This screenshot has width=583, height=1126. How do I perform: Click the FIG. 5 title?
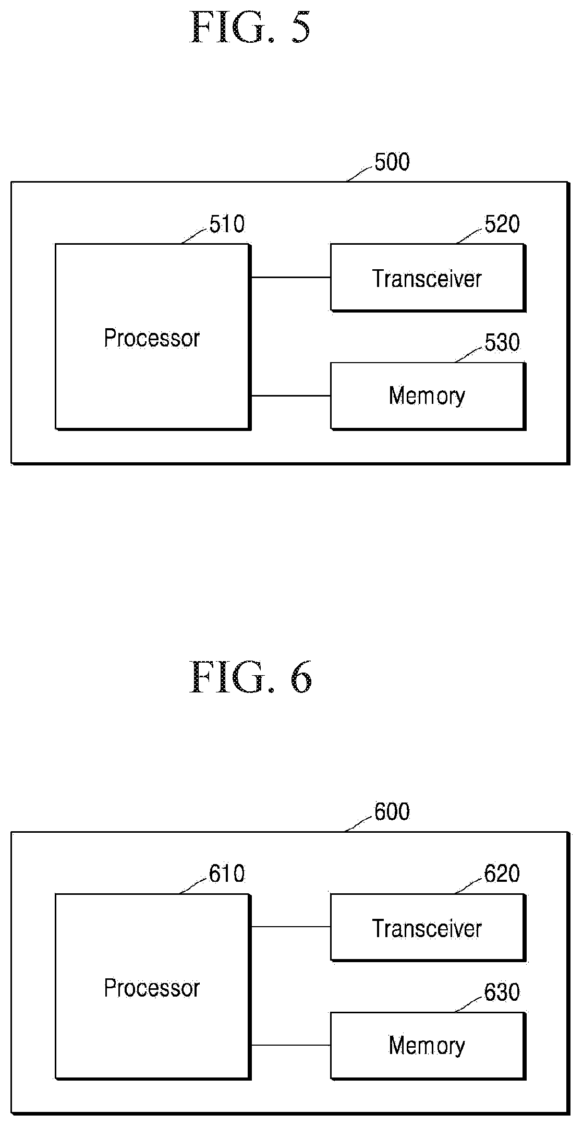(250, 27)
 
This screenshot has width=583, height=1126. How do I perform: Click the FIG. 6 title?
(250, 677)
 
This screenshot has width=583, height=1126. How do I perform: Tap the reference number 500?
(392, 162)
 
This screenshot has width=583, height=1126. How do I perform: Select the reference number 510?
(227, 224)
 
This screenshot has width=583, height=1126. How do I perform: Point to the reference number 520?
(502, 224)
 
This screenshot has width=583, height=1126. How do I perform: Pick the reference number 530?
(502, 343)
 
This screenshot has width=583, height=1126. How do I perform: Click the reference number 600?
(392, 812)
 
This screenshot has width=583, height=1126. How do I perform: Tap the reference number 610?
(227, 874)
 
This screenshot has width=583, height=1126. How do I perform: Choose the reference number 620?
(502, 874)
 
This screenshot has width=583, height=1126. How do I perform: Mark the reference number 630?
(502, 992)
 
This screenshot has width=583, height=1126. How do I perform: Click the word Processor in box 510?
(152, 338)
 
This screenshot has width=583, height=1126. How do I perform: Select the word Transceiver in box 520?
(427, 278)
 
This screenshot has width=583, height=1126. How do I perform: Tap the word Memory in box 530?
(427, 396)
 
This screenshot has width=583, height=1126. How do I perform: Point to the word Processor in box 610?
(152, 988)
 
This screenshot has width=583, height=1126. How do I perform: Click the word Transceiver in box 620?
(427, 928)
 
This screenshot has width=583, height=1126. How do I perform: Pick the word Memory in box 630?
(427, 1046)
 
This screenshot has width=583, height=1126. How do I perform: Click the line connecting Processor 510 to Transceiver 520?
(290, 278)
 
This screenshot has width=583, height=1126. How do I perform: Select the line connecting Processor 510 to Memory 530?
(290, 396)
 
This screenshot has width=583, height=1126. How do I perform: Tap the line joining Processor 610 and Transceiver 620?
(290, 927)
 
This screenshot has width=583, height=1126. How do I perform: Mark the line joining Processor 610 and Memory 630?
(290, 1046)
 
